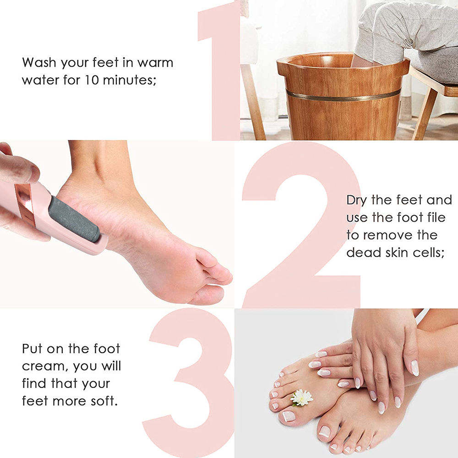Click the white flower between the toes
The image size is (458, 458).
pos(302,397)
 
